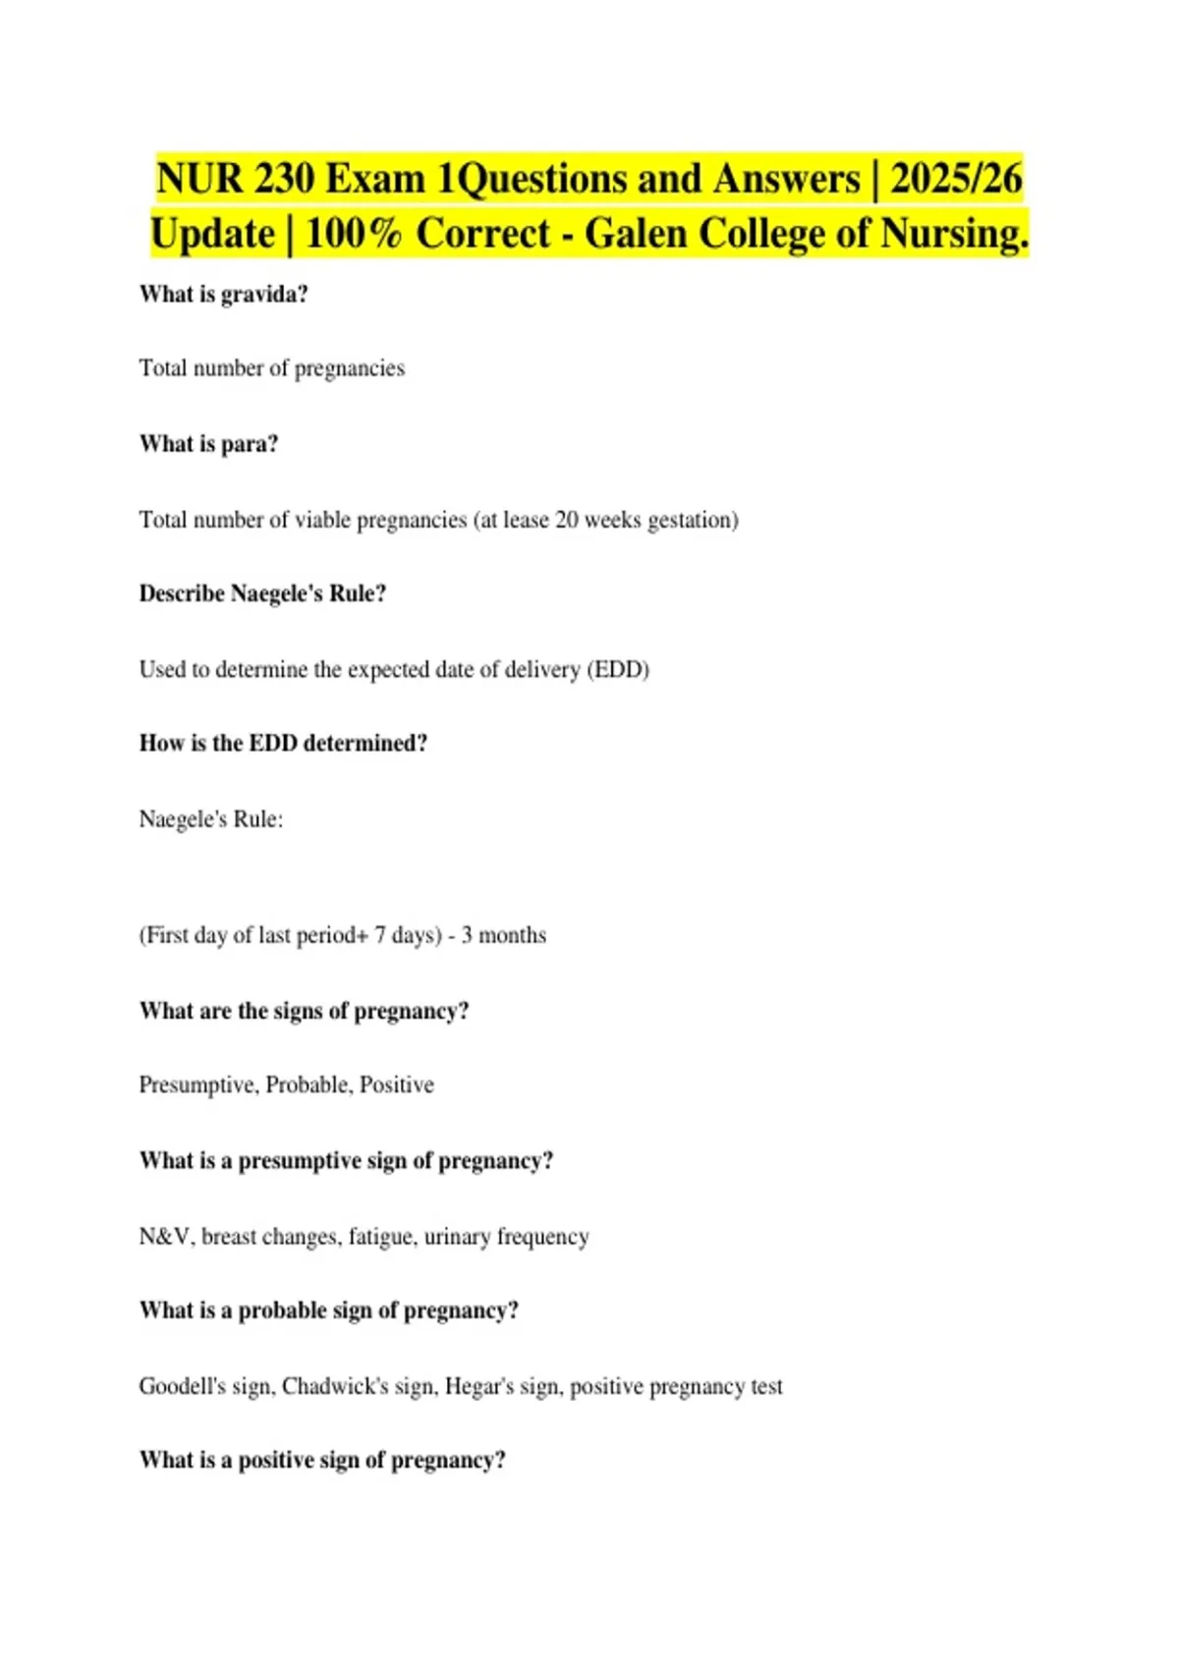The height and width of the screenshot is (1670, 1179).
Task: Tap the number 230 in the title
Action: [283, 179]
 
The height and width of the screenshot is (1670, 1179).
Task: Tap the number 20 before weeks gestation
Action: [567, 520]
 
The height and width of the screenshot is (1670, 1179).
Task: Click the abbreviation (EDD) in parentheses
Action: [618, 670]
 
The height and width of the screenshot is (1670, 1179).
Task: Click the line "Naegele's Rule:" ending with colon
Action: [210, 819]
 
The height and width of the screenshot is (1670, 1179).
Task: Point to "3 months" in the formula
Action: [503, 935]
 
